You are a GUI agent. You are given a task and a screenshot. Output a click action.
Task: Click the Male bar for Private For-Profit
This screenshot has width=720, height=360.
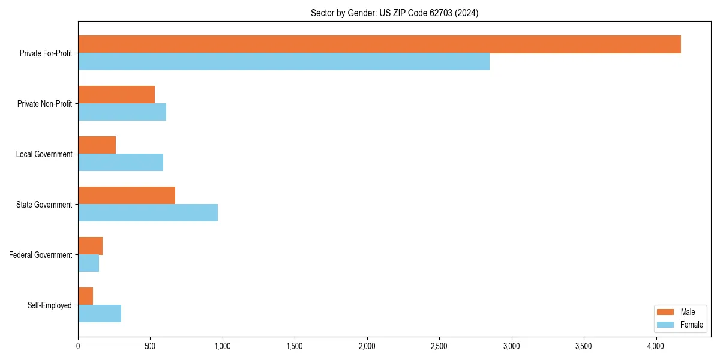click(x=379, y=44)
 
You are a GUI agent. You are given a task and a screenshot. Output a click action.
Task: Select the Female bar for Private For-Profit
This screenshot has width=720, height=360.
click(x=284, y=62)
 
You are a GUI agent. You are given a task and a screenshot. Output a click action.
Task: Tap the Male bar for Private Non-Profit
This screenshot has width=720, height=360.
click(x=116, y=95)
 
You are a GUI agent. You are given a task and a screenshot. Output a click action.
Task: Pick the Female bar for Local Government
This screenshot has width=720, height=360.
click(x=121, y=163)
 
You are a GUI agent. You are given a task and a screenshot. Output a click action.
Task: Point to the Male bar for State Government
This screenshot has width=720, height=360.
click(x=127, y=196)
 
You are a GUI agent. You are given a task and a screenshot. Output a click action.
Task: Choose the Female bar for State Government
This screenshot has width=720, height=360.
click(x=148, y=213)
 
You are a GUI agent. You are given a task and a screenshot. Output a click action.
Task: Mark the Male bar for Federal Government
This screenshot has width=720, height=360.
click(x=90, y=246)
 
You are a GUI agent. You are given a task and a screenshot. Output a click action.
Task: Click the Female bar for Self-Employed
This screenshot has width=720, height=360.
click(x=100, y=314)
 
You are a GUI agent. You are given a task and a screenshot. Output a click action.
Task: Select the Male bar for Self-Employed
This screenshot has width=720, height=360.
click(x=85, y=296)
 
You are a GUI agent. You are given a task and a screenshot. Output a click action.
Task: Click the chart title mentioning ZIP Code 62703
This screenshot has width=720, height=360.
click(x=394, y=13)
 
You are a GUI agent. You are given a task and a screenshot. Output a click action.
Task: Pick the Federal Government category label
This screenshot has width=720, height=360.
click(x=41, y=255)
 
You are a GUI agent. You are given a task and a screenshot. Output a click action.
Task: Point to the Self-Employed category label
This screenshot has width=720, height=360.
click(x=50, y=305)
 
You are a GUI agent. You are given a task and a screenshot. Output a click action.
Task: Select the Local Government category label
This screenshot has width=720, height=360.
click(x=44, y=154)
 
